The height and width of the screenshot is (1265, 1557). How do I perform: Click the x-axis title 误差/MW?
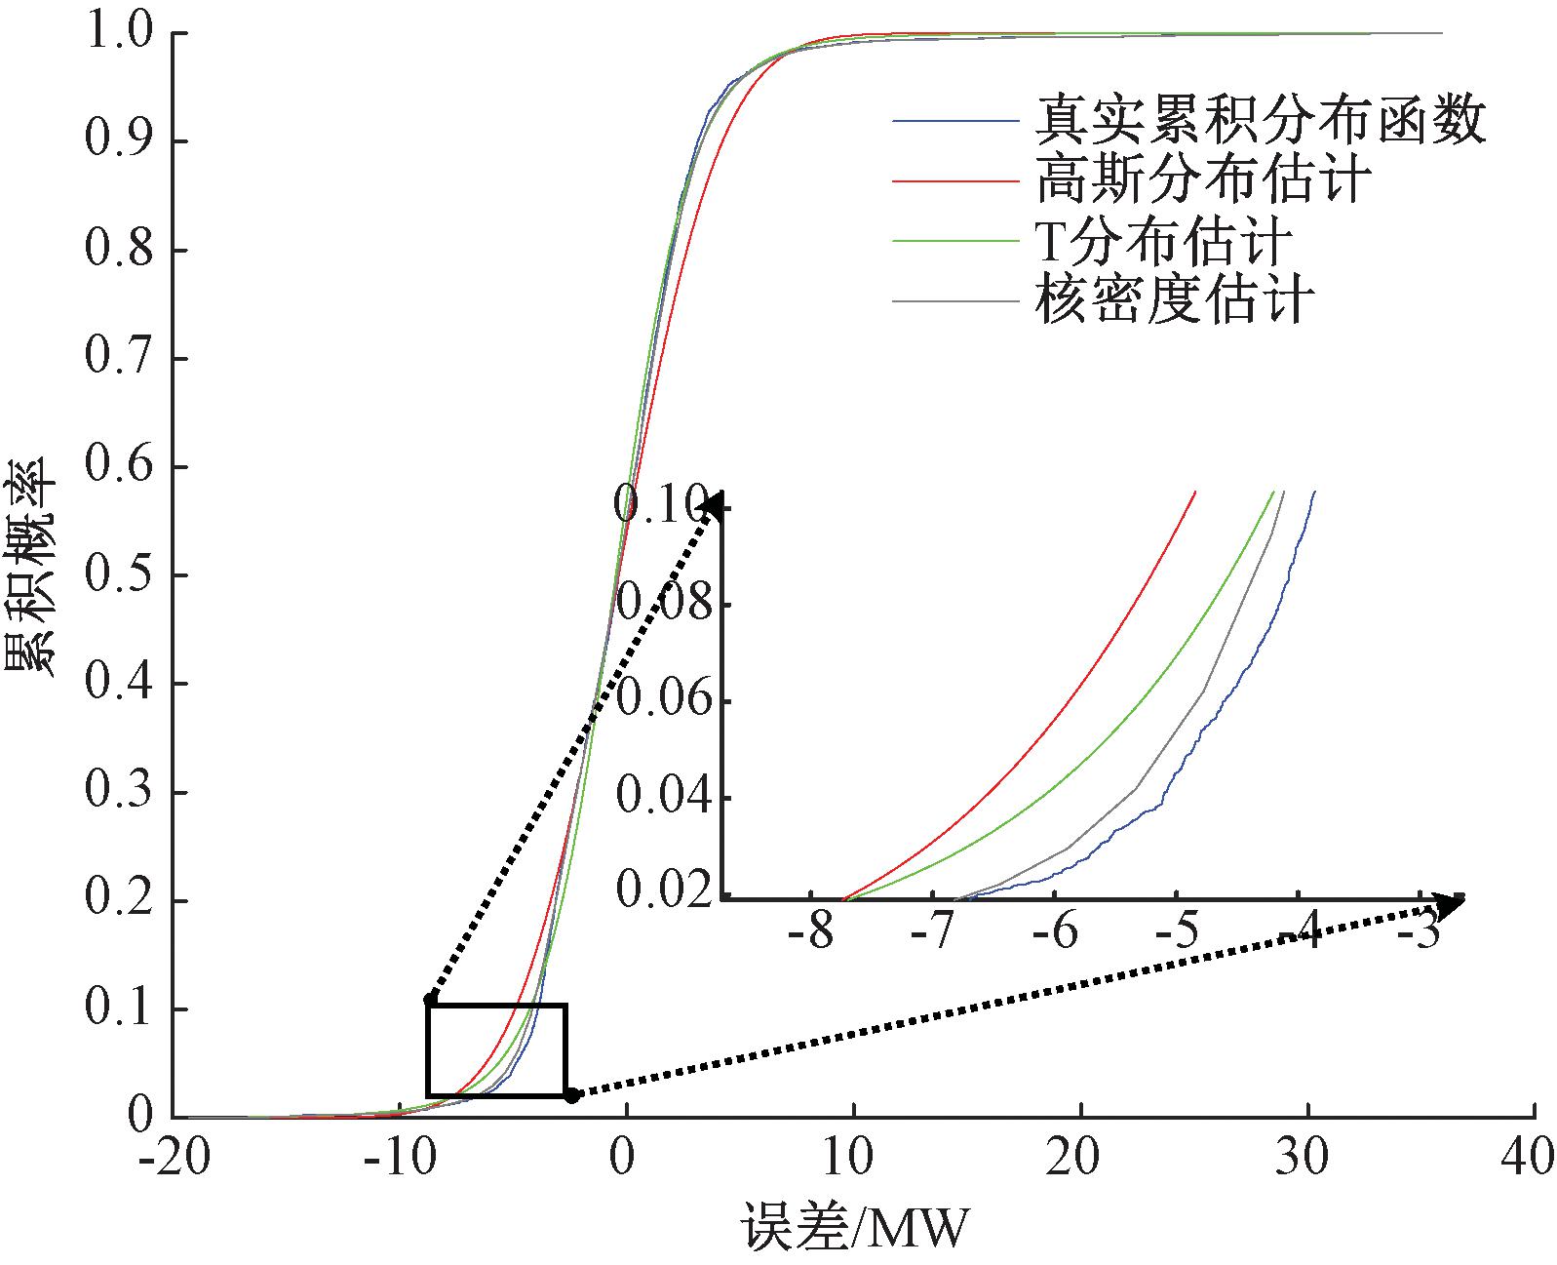point(855,1229)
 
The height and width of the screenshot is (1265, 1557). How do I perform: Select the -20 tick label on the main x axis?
point(175,1158)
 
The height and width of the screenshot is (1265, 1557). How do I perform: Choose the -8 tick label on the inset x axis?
point(811,933)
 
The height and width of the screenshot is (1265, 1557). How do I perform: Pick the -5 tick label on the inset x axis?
point(1177,933)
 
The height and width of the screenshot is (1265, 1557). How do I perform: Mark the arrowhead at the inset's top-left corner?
point(714,504)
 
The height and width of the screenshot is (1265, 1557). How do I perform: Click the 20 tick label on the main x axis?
point(1080,1158)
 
